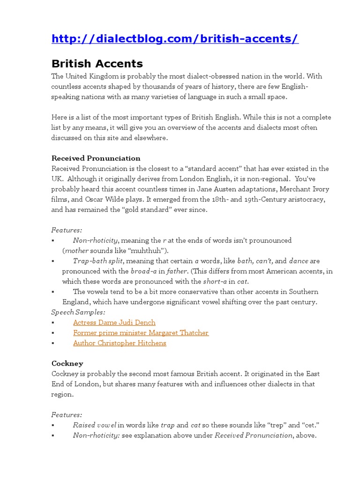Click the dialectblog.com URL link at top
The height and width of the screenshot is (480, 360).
tap(174, 38)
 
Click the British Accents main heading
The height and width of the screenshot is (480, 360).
tap(97, 63)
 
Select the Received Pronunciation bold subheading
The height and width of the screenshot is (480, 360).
tap(96, 158)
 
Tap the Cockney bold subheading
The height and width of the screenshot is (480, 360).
tap(67, 363)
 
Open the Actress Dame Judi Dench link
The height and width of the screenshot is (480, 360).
tap(114, 322)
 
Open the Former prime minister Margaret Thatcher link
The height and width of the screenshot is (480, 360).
tap(141, 333)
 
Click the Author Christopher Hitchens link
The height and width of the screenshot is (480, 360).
tap(120, 343)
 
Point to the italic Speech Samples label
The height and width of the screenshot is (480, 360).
tap(78, 312)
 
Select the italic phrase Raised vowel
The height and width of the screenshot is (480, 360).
tap(94, 425)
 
